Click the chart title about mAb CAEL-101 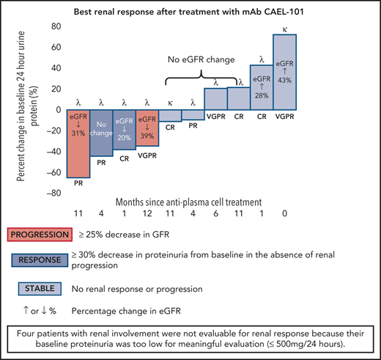tap(189, 10)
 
